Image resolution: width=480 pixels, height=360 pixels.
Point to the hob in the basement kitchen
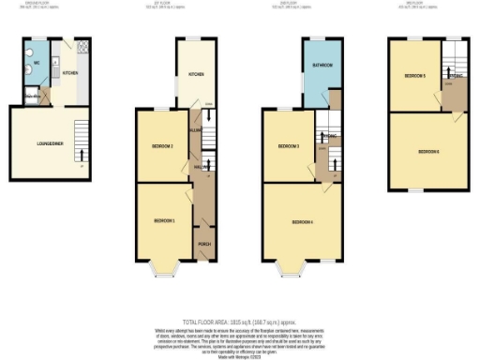pos(82,46)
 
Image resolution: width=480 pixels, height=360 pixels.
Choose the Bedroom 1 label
pos(164,220)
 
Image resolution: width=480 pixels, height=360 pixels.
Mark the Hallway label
pos(200,167)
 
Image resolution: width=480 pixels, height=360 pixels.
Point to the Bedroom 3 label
pos(288,146)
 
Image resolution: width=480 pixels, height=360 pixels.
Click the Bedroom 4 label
pos(302,222)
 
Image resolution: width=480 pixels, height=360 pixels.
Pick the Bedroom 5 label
pos(415,75)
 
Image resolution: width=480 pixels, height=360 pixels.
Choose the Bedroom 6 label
pos(428,151)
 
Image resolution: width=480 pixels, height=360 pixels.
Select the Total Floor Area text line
pos(240,321)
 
